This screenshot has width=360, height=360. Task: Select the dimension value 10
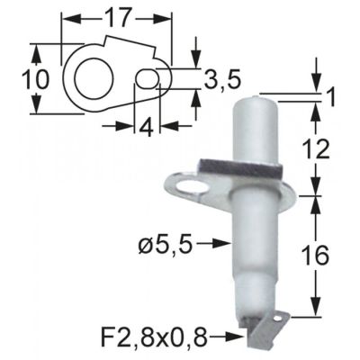pos(34,80)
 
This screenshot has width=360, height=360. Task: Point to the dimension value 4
pos(144,126)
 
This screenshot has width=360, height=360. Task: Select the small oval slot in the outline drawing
pos(148,82)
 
